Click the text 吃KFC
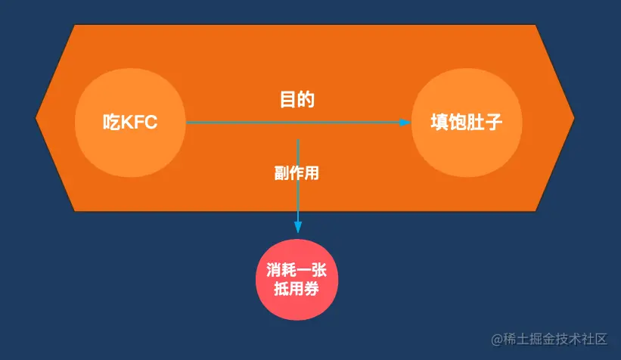point(130,122)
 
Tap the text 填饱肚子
point(466,122)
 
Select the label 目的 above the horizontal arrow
point(297,99)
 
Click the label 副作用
point(297,172)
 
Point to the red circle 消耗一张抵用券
point(297,279)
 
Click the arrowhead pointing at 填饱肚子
point(405,122)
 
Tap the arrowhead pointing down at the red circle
point(298,227)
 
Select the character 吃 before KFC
point(110,122)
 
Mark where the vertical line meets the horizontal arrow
point(298,123)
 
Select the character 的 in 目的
point(306,99)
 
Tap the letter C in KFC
point(151,122)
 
